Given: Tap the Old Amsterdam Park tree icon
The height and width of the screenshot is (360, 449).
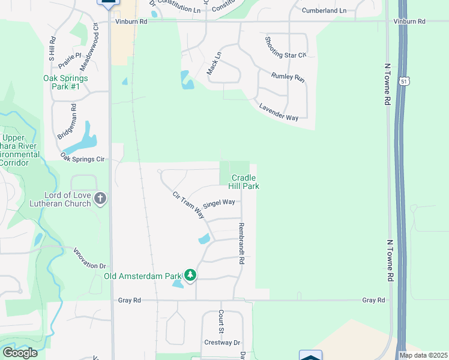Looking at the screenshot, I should pos(190,275).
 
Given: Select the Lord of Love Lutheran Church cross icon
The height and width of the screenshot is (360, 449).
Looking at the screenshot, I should pos(100,198).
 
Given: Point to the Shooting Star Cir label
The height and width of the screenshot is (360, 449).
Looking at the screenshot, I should pos(286,47).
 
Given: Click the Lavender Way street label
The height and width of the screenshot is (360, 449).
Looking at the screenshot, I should pos(279,112).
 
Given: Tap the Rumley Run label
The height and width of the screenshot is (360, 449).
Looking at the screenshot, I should pos(288,77).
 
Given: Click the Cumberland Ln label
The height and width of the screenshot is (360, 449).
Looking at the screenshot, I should pos(324,11).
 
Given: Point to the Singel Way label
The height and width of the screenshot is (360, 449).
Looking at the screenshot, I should pos(219,203).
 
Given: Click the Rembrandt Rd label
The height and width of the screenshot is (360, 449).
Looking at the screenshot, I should pos(241,244).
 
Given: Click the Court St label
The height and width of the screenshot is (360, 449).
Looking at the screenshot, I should pos(221,322).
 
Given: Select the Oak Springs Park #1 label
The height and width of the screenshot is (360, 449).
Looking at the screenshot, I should pos(65,82).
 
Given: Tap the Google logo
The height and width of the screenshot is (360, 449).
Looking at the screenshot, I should pos(20,352).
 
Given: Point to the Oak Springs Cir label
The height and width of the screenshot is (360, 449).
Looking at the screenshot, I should pos(83,159).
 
